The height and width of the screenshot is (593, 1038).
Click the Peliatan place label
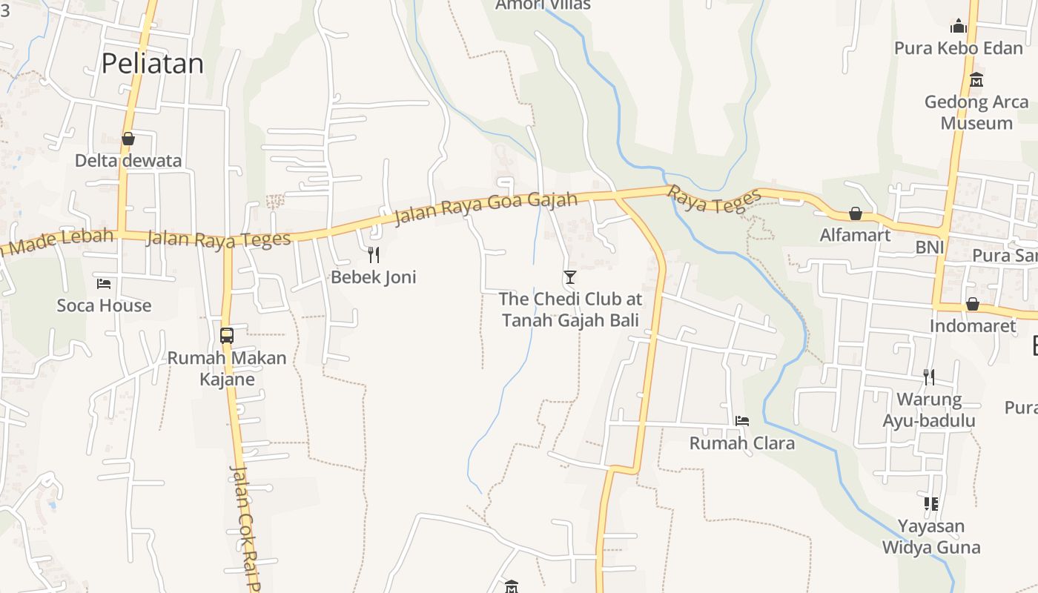[152, 64]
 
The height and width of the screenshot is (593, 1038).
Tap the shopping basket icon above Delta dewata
[128, 139]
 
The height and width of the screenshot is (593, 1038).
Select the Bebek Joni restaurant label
[374, 277]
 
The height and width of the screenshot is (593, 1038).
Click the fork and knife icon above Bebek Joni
[374, 255]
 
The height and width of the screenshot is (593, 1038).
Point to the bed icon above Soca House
[104, 283]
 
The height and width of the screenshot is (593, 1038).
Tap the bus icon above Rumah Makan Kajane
[227, 335]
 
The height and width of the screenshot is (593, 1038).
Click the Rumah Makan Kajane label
[227, 368]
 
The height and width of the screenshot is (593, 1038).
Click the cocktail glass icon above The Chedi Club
[569, 277]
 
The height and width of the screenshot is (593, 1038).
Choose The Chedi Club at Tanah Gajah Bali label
[570, 309]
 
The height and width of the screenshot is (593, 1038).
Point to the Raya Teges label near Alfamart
[715, 199]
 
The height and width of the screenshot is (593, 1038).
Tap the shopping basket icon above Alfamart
[855, 213]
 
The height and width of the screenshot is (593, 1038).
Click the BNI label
[929, 248]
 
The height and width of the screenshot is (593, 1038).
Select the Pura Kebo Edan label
[958, 48]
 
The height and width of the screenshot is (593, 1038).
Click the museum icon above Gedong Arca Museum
[976, 79]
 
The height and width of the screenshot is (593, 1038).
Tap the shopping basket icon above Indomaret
[973, 304]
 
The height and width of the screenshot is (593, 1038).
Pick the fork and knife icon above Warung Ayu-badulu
[928, 377]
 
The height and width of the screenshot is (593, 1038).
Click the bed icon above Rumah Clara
[741, 421]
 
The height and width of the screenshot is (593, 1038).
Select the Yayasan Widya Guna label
[931, 537]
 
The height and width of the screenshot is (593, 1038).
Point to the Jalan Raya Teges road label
[219, 239]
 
